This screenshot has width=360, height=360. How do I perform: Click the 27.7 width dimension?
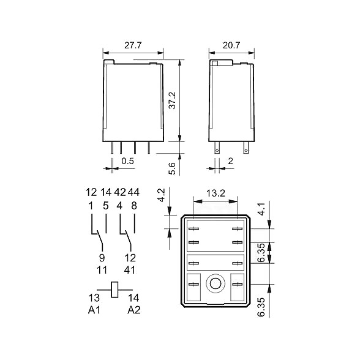(133, 45)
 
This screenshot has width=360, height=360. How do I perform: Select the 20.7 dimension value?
(231, 45)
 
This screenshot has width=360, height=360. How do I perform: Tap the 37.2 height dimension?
(172, 100)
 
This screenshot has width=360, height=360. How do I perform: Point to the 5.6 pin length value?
(172, 168)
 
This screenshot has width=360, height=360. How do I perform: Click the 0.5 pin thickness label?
(127, 161)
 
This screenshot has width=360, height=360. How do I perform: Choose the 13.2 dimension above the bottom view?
(216, 193)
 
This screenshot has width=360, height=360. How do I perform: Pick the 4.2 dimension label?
(162, 195)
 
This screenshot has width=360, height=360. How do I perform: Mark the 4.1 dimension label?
(262, 209)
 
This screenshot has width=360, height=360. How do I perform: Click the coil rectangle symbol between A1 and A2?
(114, 290)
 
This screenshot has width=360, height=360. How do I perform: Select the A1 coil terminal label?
(94, 310)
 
